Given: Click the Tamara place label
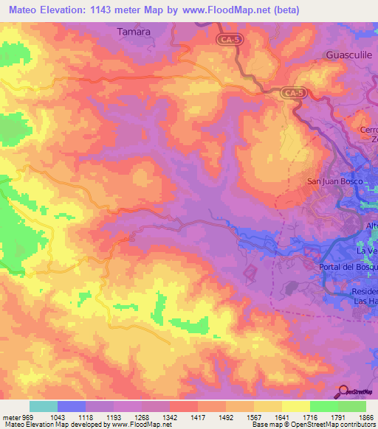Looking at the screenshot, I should tap(134, 32).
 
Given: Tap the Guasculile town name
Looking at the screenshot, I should tap(351, 55).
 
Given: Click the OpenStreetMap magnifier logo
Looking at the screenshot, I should tap(343, 392).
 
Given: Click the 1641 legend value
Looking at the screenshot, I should tap(272, 416).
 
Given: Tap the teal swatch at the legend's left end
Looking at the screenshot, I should tap(44, 406).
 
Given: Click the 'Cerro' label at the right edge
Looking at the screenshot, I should tap(368, 130).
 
